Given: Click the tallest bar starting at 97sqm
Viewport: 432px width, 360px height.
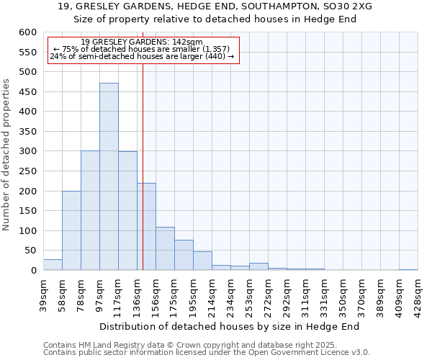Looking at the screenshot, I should click(x=109, y=176).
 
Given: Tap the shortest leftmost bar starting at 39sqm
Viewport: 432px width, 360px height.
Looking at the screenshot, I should click(x=53, y=265).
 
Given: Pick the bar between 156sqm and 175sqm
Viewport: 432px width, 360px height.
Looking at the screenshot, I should click(x=165, y=248).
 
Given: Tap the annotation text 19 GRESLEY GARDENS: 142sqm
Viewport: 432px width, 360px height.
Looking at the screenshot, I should click(x=142, y=42).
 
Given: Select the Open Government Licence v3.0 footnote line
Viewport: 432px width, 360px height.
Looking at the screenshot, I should click(x=206, y=353).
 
